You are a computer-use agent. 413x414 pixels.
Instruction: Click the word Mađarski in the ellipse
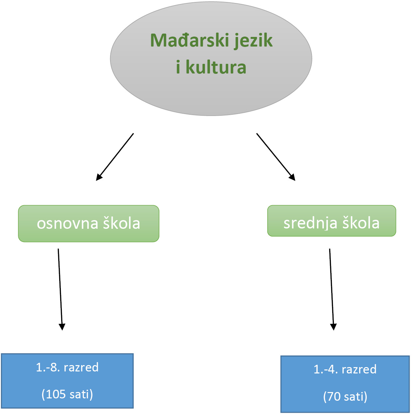tap(190, 40)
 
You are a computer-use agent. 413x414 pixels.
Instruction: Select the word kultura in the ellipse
tap(216, 67)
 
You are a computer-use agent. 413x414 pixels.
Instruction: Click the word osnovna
tap(67, 223)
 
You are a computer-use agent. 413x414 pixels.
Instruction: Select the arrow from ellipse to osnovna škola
tap(115, 157)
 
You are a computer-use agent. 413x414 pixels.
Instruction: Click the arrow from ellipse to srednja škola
tap(275, 157)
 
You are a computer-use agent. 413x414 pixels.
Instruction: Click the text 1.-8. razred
tap(67, 367)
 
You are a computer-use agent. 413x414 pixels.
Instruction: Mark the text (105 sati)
tap(67, 394)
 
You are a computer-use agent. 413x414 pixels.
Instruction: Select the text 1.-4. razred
tap(345, 369)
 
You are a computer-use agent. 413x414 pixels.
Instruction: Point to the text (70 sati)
tap(345, 397)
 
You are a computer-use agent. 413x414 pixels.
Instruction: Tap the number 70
tap(335, 397)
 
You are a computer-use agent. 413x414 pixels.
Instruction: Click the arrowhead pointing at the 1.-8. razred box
tap(62, 327)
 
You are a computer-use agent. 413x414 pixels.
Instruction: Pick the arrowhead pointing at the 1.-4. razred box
tap(333, 327)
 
